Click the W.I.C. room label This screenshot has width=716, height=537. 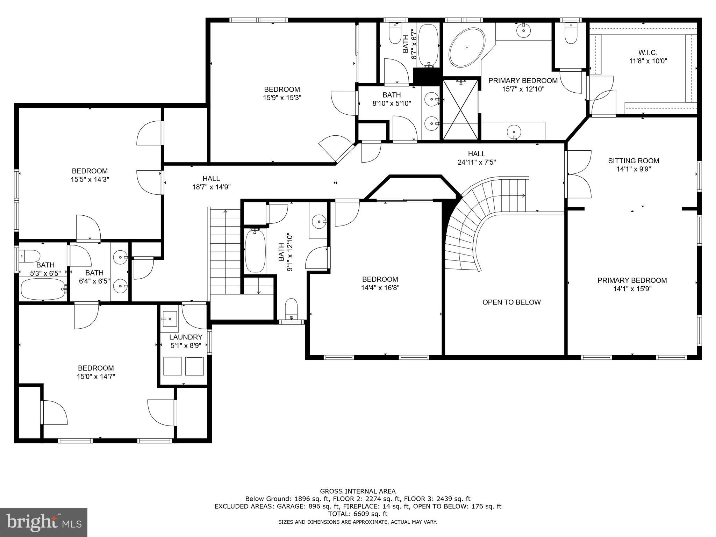[x=647, y=53]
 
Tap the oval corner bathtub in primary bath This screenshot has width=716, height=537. [x=467, y=47]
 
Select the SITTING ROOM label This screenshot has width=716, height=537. [x=633, y=161]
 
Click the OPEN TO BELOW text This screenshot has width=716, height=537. [x=511, y=302]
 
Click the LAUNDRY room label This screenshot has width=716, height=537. [x=186, y=337]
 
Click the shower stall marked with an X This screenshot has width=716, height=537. [x=460, y=109]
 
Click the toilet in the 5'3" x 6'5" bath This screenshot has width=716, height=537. [x=30, y=256]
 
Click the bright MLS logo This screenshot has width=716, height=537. [x=43, y=522]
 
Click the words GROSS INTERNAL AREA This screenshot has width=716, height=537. [x=358, y=491]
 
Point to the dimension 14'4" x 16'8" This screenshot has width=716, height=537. [x=380, y=288]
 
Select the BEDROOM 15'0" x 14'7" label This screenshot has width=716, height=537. [x=96, y=372]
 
